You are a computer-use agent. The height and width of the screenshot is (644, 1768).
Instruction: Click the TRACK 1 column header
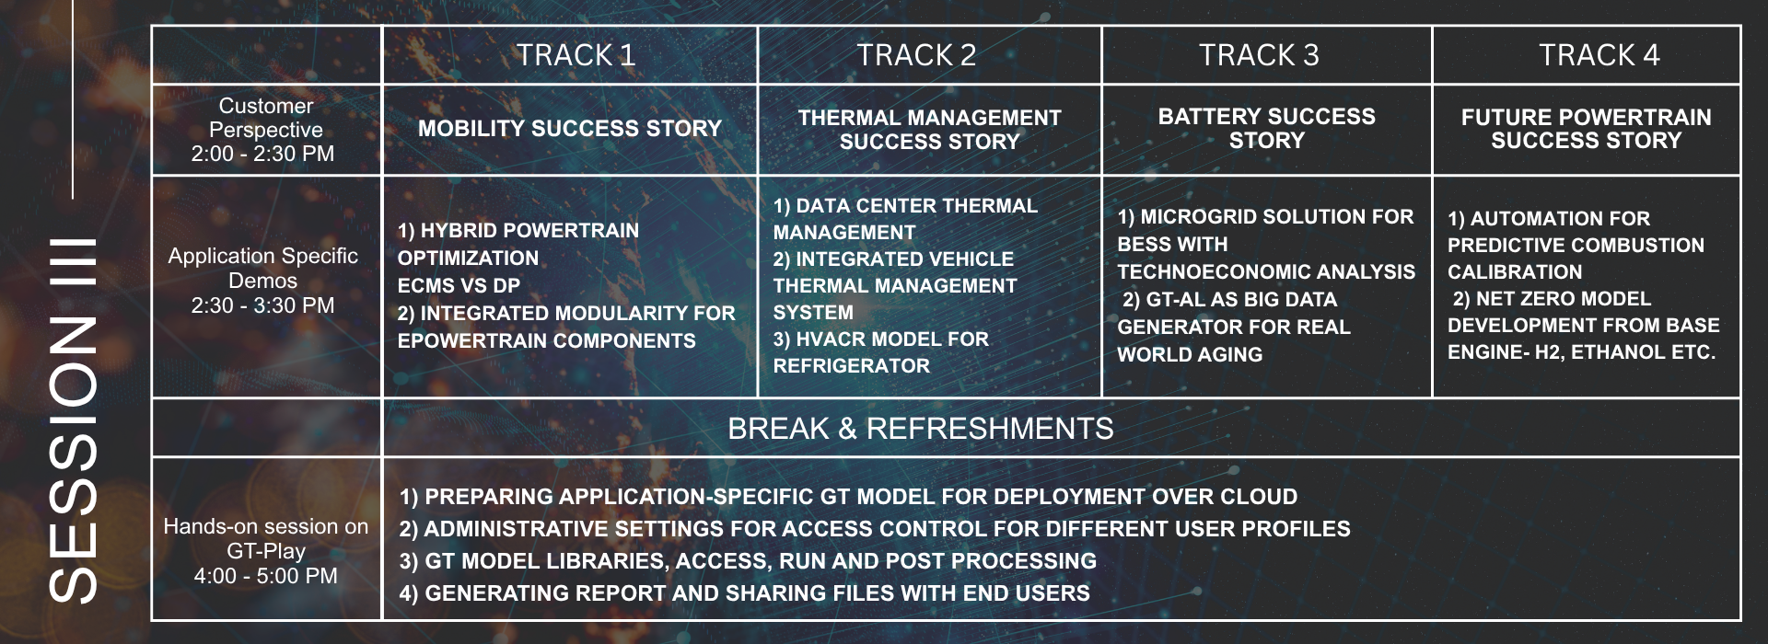[576, 55]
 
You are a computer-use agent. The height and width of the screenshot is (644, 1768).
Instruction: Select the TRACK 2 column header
[916, 55]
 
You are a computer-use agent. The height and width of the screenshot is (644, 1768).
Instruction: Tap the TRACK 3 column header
[1259, 55]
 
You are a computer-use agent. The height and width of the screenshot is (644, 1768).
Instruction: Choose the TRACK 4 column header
[1599, 55]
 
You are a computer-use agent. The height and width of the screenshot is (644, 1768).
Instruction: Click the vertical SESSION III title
[72, 420]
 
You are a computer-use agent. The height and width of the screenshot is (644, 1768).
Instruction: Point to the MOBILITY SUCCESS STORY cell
[570, 129]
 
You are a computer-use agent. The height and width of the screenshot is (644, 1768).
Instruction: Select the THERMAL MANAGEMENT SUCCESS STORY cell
[929, 130]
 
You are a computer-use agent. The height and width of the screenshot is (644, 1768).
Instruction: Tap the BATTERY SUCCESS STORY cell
[1267, 129]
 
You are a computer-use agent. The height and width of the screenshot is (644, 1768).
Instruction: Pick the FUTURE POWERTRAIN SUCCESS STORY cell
[1587, 129]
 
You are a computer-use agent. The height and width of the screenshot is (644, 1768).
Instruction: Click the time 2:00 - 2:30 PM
[262, 154]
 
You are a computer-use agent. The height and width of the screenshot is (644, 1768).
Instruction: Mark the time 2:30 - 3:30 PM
[262, 305]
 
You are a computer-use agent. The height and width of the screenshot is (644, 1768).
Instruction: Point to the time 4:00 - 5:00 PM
[265, 576]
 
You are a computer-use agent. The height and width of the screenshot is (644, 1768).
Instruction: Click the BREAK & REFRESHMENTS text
[921, 429]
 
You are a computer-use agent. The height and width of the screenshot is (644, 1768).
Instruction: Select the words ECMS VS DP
[459, 286]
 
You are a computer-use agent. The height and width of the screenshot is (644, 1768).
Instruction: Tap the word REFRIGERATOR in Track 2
[852, 366]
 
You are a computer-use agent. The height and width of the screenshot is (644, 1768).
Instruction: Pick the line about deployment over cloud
[848, 497]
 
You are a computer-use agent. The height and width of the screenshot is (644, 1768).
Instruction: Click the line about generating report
[744, 593]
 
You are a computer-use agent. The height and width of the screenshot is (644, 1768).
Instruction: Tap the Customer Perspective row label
[265, 118]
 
